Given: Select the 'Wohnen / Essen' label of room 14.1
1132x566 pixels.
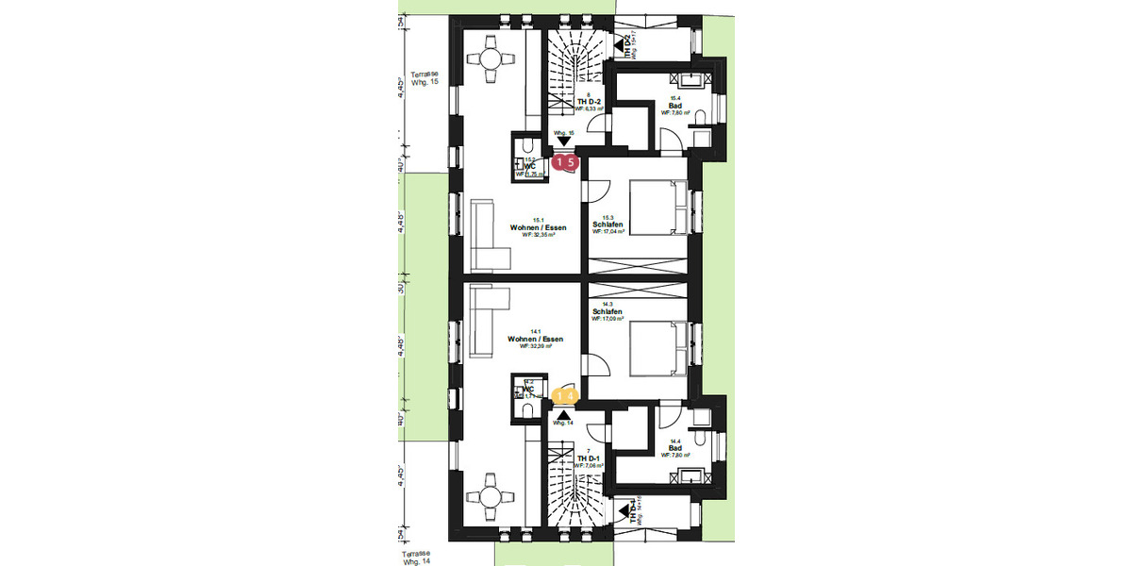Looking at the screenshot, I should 535,339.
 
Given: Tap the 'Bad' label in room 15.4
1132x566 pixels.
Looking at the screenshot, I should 675,105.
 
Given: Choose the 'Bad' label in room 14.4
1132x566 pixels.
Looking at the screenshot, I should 675,447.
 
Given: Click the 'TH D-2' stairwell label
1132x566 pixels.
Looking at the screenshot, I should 589,102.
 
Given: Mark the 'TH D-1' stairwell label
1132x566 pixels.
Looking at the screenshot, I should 589,458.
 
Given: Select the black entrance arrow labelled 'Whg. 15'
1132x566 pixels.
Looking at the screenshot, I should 564,141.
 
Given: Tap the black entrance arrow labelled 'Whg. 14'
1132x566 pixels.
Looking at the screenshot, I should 564,413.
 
